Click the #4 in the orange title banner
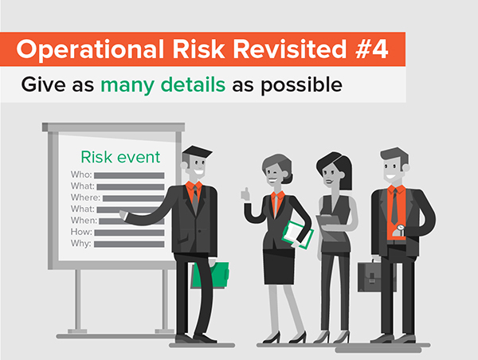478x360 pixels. (370, 49)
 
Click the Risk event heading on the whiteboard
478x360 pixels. (120, 157)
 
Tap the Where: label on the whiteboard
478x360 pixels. (85, 198)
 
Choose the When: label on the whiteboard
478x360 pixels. (84, 221)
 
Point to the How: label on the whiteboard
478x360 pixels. (82, 232)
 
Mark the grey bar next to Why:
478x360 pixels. (127, 244)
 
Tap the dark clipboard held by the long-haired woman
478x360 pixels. (327, 223)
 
